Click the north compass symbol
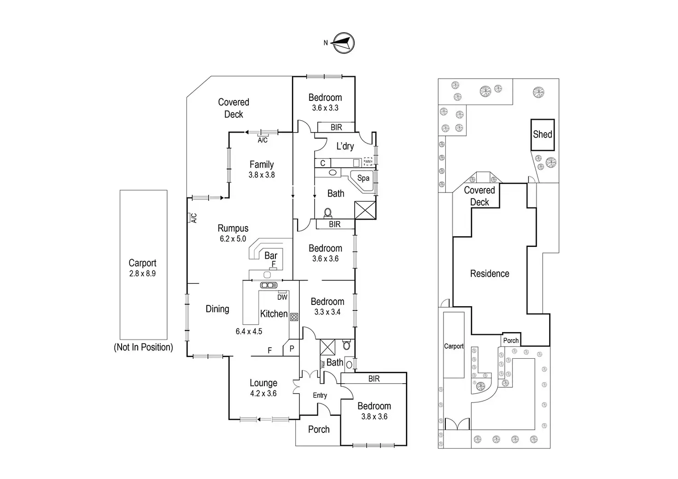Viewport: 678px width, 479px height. tap(344, 43)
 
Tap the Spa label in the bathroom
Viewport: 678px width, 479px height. tap(363, 178)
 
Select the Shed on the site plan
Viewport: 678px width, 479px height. tap(542, 134)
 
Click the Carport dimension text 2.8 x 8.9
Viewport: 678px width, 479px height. tap(142, 274)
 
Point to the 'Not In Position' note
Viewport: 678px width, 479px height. tap(143, 347)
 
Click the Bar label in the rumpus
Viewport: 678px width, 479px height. tap(271, 255)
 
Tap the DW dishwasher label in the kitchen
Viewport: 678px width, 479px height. tap(282, 297)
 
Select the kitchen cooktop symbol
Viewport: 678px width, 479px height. tap(294, 317)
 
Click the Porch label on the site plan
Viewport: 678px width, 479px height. tap(511, 340)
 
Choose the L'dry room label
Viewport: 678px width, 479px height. tap(345, 146)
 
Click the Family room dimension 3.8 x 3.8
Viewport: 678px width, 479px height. tap(262, 175)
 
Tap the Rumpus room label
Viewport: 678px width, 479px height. tap(233, 228)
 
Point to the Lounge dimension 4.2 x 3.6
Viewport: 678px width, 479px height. tap(263, 393)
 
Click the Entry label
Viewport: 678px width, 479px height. tap(320, 395)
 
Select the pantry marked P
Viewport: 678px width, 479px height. tap(292, 349)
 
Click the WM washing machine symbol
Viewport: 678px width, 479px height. tap(368, 162)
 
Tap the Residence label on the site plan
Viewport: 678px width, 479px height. tap(490, 274)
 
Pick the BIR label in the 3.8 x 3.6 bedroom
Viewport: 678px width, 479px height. tap(374, 379)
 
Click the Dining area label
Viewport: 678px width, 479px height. tap(217, 309)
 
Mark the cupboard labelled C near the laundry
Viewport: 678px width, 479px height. tap(323, 163)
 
